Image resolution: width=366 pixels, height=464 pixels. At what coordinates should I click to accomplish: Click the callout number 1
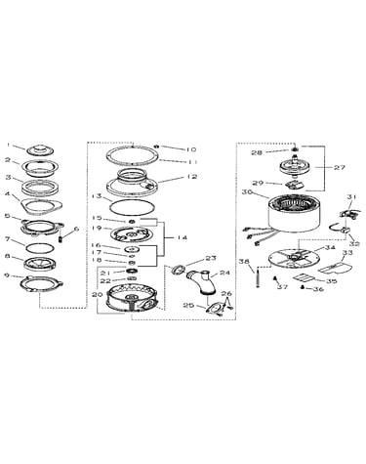[x=10, y=147]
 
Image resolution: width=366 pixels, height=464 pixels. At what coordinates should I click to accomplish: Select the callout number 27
[x=339, y=167]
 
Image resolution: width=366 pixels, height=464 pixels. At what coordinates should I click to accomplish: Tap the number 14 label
[x=182, y=237]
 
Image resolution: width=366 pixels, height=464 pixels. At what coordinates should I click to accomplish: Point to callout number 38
[x=244, y=261]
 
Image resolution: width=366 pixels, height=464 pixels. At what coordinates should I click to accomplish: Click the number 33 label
[x=347, y=252]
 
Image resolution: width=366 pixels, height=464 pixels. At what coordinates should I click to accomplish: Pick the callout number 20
[x=97, y=294]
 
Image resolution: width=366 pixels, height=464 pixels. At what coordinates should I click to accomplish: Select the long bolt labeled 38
[x=259, y=276]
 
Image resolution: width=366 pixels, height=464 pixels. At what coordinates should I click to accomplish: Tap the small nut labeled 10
[x=157, y=147]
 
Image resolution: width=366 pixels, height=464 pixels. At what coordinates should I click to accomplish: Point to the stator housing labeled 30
[x=294, y=215]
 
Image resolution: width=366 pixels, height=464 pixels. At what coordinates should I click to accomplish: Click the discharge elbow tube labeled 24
[x=202, y=282]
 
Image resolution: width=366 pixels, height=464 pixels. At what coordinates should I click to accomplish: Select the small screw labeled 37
[x=274, y=278]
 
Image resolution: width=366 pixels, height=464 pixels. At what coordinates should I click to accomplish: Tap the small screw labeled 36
[x=303, y=287]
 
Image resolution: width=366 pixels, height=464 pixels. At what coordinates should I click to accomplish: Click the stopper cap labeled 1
[x=40, y=150]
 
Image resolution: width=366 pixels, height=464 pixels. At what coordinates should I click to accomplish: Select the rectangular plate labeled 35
[x=304, y=277]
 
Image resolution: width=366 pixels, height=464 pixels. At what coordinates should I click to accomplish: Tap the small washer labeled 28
[x=295, y=149]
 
